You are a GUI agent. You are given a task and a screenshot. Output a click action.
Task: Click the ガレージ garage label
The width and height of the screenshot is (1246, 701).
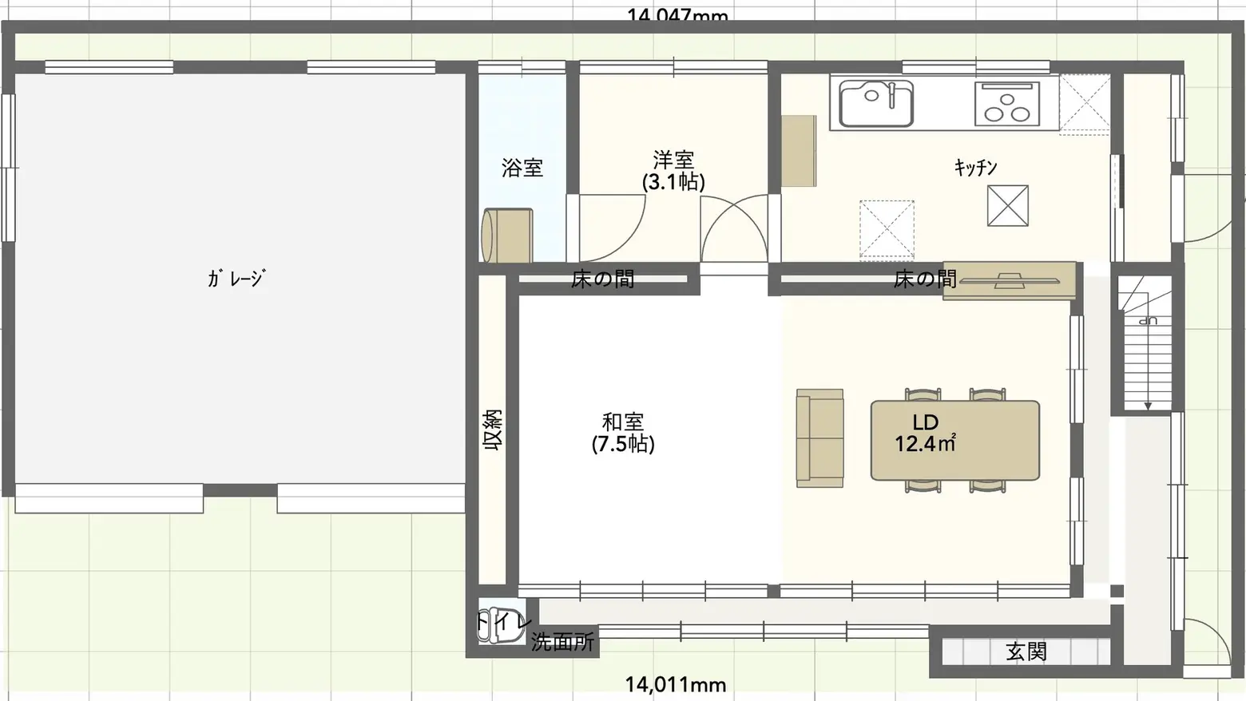pos(236,278)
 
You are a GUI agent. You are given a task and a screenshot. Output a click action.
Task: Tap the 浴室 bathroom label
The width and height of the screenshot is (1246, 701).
pos(522,168)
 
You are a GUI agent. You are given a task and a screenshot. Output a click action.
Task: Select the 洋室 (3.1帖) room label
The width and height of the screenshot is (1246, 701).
pos(673,171)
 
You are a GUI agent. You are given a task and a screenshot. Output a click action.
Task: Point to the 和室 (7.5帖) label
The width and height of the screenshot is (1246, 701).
pos(623,432)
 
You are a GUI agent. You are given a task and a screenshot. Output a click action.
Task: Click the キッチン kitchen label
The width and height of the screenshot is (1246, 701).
pos(975,167)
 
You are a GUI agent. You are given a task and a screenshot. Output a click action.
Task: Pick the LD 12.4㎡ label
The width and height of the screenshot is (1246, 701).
pos(925,433)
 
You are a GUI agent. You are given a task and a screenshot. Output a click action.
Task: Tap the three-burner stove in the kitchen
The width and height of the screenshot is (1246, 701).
pos(1007,104)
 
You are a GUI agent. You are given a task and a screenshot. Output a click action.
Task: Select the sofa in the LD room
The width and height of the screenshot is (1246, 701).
pos(819,438)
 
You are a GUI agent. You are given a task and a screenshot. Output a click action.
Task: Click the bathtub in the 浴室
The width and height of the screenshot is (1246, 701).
pos(506,236)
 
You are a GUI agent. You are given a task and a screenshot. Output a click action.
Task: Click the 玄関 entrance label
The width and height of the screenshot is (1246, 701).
pos(1026,651)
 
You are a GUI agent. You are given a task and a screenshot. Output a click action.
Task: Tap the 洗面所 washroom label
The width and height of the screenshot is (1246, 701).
pos(562,641)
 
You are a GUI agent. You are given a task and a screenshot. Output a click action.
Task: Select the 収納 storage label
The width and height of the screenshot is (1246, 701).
pos(492,431)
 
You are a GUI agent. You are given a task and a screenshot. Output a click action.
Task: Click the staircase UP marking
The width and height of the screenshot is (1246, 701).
pos(1148,321)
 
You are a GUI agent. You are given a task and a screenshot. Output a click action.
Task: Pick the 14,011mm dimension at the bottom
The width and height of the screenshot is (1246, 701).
pos(675,684)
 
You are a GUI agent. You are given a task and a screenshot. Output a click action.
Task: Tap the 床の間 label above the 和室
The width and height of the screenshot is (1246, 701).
pos(602,279)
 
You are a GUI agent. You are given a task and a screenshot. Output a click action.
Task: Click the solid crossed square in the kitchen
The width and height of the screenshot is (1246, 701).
pos(1007,205)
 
